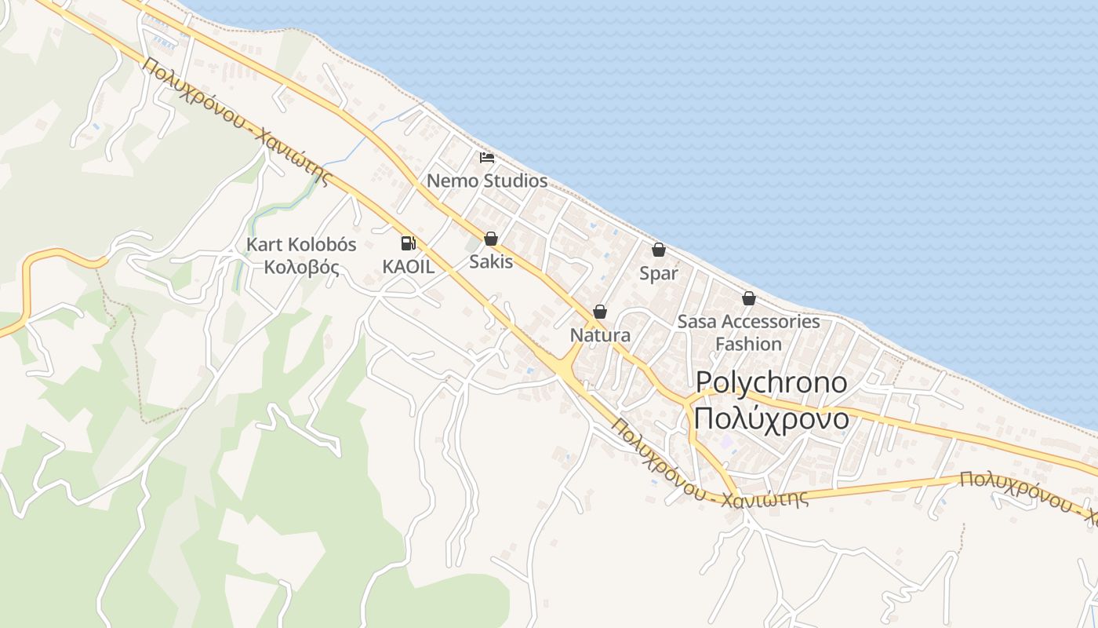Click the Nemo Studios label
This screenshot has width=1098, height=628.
click(486, 181)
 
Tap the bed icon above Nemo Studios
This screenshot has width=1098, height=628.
click(487, 158)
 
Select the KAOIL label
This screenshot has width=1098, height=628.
click(408, 266)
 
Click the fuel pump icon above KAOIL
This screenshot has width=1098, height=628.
click(408, 243)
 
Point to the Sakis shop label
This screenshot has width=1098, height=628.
click(491, 261)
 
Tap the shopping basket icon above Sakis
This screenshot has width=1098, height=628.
click(491, 239)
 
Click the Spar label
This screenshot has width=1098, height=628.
click(659, 273)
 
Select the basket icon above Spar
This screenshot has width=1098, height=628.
click(659, 250)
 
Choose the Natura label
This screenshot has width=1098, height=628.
click(600, 335)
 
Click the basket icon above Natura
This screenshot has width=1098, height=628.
click(600, 312)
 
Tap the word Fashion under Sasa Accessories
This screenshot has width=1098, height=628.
click(748, 344)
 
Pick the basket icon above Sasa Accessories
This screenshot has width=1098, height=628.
click(749, 298)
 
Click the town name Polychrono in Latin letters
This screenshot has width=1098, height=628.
click(772, 383)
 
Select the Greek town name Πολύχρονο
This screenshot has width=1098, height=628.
click(772, 418)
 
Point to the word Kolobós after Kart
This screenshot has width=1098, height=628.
click(323, 244)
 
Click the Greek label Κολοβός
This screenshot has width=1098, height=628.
click(301, 267)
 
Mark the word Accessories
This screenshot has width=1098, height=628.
click(770, 321)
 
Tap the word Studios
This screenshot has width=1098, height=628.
click(514, 181)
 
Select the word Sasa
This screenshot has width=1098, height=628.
click(696, 321)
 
